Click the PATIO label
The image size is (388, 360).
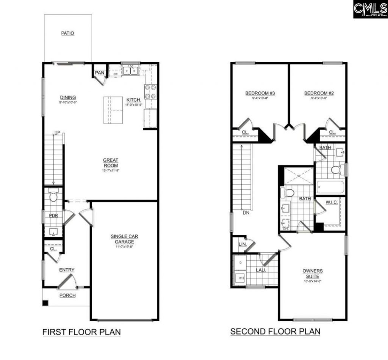coord(68,33)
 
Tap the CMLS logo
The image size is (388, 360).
coord(370,9)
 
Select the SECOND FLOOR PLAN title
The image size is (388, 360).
coord(275,332)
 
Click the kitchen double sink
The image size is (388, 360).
coord(130,71)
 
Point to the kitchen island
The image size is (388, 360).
coord(113,110)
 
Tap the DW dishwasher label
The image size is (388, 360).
coord(116,74)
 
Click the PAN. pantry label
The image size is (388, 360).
coord(100,72)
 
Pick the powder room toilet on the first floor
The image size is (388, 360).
coord(53,196)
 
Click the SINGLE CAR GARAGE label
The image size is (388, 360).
coord(125,239)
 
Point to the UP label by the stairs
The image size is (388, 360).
coord(57,133)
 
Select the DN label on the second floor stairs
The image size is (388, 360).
coord(246,213)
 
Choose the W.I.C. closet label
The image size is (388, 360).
coord(331,202)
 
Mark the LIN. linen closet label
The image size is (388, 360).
coord(243,245)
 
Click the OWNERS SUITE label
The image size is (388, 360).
coord(313,273)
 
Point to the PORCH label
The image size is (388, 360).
coord(67,296)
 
